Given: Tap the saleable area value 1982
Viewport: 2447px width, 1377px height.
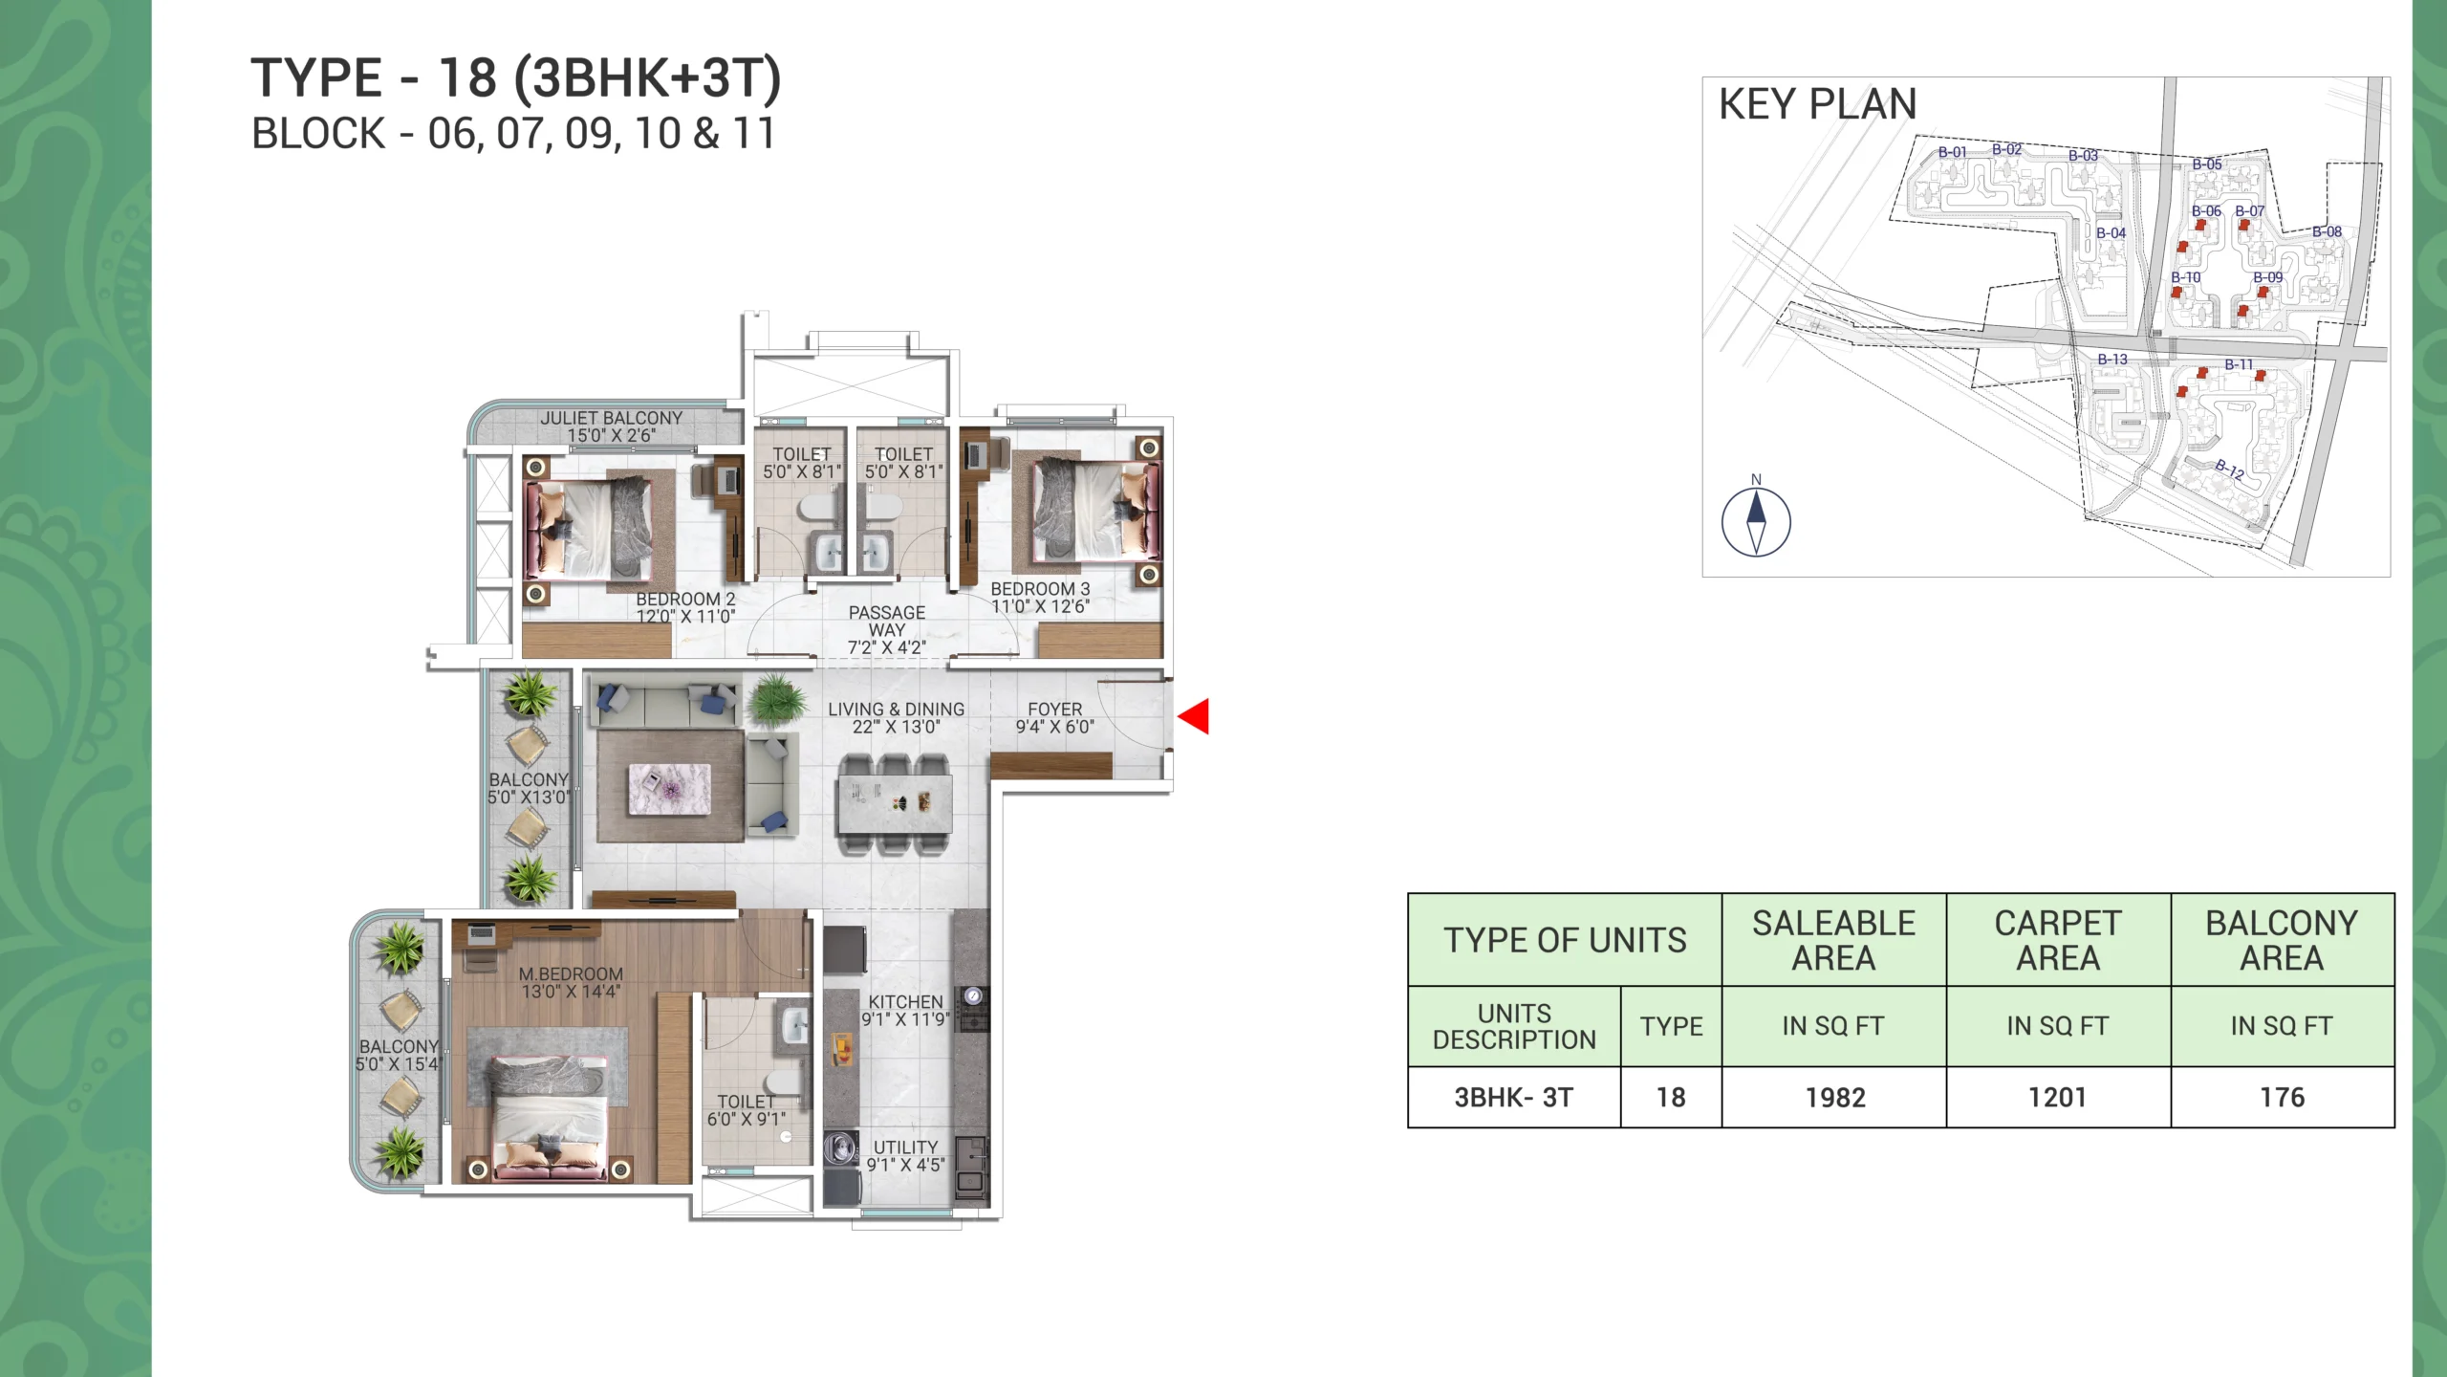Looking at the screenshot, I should click(1834, 1098).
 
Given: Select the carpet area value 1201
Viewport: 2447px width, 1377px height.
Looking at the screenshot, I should click(2057, 1098).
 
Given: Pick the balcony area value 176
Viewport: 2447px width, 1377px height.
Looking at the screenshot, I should click(2282, 1098).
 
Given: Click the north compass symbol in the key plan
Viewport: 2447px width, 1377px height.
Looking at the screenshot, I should click(1756, 522).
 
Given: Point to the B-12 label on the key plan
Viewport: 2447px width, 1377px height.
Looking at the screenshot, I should click(2229, 469).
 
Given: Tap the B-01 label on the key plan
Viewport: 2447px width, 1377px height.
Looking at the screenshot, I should click(1952, 152).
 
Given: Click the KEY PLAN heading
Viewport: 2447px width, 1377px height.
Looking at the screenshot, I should click(1817, 104).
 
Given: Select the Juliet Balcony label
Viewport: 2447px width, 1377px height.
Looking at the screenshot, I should click(612, 426).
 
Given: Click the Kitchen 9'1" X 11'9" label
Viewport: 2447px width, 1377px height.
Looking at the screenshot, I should click(905, 1010).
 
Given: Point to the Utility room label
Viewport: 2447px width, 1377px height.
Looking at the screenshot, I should click(905, 1155).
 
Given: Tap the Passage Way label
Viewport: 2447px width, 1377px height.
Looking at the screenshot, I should click(887, 629).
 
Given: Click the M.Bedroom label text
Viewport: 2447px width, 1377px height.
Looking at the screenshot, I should click(571, 982).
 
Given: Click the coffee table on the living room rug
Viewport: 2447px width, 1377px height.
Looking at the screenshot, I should click(669, 790).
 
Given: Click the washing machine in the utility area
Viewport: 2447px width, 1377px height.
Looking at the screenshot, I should click(841, 1147).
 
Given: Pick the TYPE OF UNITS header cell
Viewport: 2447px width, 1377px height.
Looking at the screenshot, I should click(1565, 940).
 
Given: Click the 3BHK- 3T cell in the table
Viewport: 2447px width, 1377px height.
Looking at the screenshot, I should click(1513, 1098).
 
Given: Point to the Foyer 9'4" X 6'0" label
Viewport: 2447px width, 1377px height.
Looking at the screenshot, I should click(1054, 717).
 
